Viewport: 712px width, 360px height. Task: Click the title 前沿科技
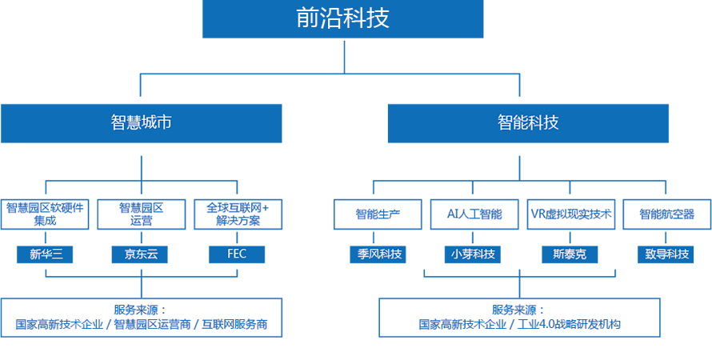342,18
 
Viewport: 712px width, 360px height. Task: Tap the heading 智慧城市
141,122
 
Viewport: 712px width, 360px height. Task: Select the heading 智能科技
528,122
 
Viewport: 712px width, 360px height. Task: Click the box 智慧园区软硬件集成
45,214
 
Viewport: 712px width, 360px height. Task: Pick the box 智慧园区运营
141,214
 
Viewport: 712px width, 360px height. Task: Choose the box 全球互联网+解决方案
238,214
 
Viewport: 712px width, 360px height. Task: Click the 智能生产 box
378,214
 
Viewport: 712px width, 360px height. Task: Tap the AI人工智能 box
474,214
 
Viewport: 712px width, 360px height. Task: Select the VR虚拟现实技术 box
571,214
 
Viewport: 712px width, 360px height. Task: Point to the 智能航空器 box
666,214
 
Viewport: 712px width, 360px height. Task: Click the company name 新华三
46,254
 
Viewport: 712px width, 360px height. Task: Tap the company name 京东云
141,254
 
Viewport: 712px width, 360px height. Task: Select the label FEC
237,254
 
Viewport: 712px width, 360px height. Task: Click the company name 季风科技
379,254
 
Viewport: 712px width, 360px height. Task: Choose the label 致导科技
666,254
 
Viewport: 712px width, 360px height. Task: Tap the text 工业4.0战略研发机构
570,325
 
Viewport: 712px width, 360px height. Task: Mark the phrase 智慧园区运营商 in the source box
152,325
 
